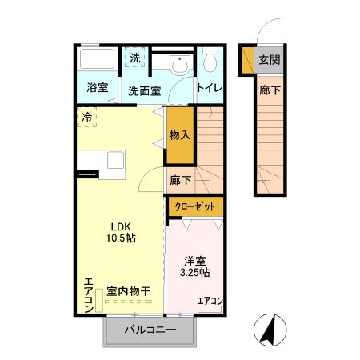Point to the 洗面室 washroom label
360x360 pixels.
(145, 90)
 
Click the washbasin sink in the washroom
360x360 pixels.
(180, 63)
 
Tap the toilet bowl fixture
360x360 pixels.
(210, 62)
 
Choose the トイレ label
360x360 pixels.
(210, 89)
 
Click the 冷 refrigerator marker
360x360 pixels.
(86, 117)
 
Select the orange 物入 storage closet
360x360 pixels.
(180, 137)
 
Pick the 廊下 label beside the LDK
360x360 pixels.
(180, 182)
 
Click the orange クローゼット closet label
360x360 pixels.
(195, 206)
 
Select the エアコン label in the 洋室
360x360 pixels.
(210, 301)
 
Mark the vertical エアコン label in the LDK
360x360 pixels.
(88, 294)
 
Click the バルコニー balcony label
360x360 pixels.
(150, 330)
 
